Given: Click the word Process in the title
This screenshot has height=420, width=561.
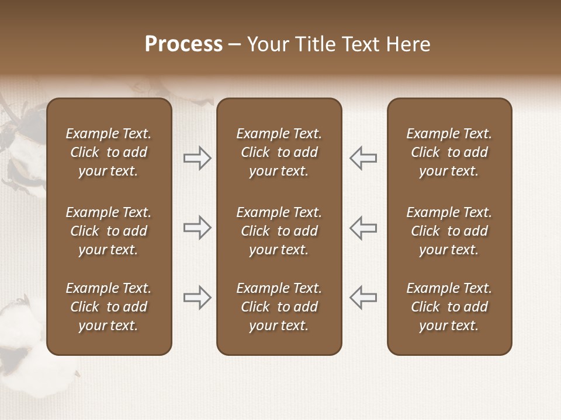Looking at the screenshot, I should [x=183, y=44].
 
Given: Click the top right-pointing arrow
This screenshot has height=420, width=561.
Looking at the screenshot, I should [x=198, y=158].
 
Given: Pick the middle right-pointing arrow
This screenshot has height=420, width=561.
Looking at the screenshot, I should [x=198, y=228].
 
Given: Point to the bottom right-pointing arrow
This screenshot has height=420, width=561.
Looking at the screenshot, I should [x=198, y=297].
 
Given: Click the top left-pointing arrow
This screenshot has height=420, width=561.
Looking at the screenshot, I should [x=363, y=158].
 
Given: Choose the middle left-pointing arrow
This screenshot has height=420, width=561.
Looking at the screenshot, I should [x=363, y=228].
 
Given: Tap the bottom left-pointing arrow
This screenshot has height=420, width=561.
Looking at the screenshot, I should [x=363, y=297].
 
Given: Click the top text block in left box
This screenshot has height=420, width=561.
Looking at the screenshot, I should [x=109, y=152].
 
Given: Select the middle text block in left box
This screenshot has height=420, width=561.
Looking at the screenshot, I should [x=109, y=231].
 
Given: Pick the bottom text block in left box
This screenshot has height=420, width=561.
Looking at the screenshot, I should [x=109, y=307].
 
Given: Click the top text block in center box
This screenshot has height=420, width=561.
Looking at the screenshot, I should [x=279, y=152].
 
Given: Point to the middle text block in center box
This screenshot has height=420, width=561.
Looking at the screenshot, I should [x=279, y=231].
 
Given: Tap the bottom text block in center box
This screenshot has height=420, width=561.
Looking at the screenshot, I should [x=279, y=307].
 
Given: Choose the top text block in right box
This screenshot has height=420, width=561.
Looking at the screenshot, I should [x=449, y=152].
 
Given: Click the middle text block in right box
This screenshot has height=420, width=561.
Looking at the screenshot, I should [x=449, y=231].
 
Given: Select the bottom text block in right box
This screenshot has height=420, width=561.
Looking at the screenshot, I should [x=449, y=307].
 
